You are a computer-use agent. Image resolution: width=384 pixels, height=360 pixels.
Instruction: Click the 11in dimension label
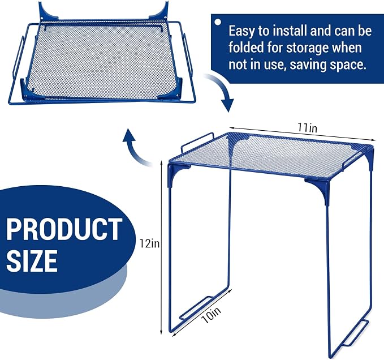(307, 128)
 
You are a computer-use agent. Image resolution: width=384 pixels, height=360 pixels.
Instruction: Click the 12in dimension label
(149, 243)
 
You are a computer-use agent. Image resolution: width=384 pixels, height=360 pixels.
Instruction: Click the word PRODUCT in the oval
(64, 229)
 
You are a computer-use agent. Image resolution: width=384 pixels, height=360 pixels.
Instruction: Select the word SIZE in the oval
(32, 260)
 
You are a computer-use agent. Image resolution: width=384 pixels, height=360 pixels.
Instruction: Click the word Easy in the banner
(241, 32)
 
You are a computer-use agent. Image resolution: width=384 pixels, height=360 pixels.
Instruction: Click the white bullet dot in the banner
(218, 22)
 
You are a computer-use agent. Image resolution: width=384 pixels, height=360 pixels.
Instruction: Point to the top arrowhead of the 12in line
(161, 163)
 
